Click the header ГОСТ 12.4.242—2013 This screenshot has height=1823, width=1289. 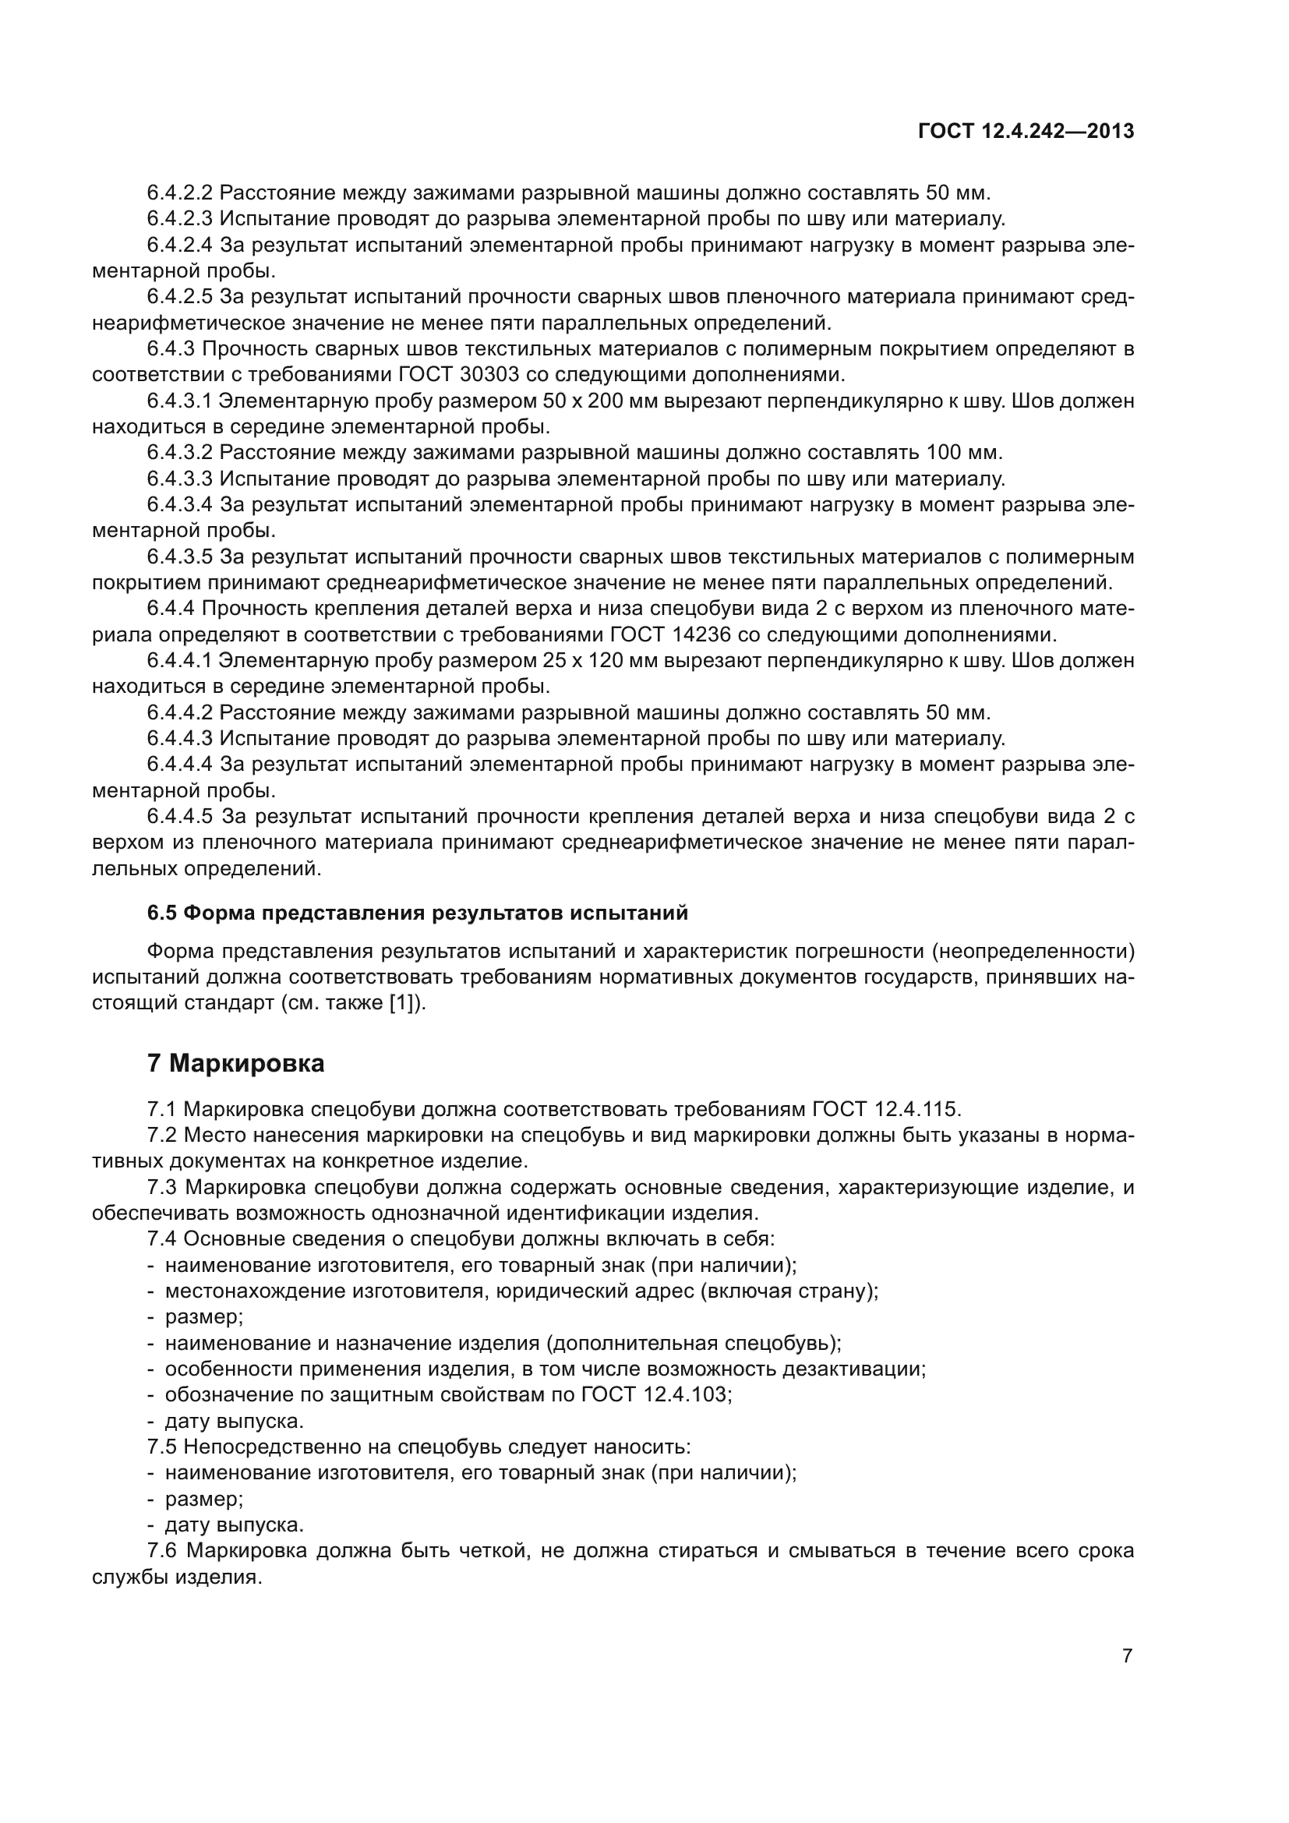(1026, 132)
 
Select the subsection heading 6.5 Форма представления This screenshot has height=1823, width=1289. (418, 913)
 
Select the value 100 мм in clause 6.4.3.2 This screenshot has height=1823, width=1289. (963, 454)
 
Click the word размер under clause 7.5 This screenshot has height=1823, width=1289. (202, 1499)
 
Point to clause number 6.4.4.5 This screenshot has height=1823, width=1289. (180, 817)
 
